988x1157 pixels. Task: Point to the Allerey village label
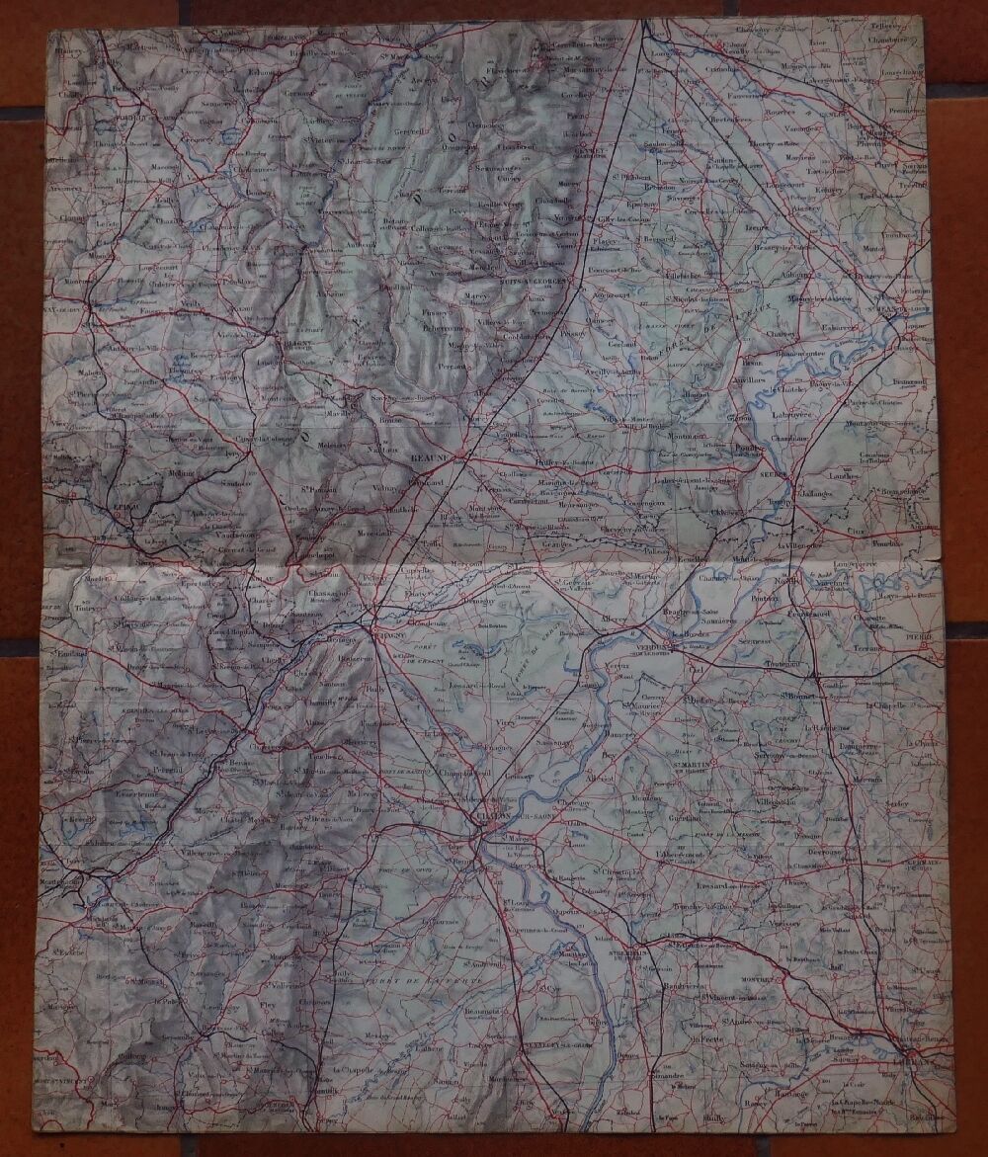click(614, 620)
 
